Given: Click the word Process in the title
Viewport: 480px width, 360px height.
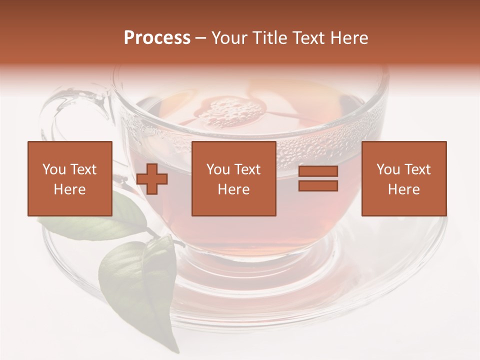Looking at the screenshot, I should click(x=157, y=38).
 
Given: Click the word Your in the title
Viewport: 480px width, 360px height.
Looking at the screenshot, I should click(x=230, y=38).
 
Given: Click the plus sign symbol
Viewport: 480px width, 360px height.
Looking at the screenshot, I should click(x=152, y=179).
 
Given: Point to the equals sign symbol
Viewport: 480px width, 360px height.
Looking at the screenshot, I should click(x=318, y=178).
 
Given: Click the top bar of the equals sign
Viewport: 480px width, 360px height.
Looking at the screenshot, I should click(x=318, y=171).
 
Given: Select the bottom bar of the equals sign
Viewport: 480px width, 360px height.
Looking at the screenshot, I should click(x=318, y=185).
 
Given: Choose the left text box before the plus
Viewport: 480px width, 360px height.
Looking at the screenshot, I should click(x=69, y=178).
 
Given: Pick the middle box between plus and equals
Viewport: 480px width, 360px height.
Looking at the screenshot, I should click(x=233, y=178).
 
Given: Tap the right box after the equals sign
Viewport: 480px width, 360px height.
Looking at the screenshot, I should click(x=403, y=178).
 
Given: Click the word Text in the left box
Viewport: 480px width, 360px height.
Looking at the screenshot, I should click(x=83, y=169).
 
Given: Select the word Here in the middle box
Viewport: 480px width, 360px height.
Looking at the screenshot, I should click(x=233, y=189).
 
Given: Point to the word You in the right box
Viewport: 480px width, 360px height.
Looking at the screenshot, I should click(x=388, y=169).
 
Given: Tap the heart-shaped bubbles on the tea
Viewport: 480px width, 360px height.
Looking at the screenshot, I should click(x=230, y=112).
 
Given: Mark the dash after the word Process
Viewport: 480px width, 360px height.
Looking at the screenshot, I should click(x=201, y=38).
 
